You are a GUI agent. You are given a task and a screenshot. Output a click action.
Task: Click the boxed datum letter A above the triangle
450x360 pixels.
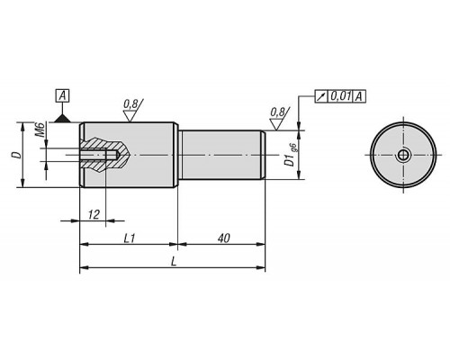62,96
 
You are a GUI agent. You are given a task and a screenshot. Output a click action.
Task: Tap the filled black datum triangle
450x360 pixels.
62,119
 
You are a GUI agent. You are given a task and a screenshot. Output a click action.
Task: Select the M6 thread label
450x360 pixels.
41,130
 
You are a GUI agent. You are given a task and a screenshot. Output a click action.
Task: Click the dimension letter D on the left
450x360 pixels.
17,155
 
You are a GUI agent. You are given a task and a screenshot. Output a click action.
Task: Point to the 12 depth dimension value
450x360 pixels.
94,215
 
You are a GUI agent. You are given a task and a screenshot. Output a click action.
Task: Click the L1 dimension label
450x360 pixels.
130,238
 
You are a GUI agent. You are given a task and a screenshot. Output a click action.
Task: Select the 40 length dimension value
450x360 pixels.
223,238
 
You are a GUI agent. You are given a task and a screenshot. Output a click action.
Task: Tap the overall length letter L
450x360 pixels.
174,262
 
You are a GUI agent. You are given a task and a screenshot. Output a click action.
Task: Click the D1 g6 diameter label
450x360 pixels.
291,155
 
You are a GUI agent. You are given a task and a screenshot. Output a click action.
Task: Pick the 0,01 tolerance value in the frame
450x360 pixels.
341,96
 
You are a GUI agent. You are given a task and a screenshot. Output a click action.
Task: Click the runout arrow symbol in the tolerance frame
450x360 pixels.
321,96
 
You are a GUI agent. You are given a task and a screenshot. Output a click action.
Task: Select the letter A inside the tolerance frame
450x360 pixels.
359,96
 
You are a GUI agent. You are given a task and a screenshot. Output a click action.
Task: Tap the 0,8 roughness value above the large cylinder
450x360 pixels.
130,103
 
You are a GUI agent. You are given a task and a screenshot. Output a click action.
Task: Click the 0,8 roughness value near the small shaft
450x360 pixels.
277,112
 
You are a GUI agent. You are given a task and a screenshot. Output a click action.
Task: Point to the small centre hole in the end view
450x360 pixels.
403,155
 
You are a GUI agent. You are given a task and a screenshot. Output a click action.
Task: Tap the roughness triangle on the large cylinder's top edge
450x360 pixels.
130,116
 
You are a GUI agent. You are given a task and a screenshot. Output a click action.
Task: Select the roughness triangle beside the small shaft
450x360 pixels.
276,124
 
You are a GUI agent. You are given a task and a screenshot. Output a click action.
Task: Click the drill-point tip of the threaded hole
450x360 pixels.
120,155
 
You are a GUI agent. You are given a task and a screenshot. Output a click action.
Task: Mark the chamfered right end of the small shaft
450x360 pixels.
263,155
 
